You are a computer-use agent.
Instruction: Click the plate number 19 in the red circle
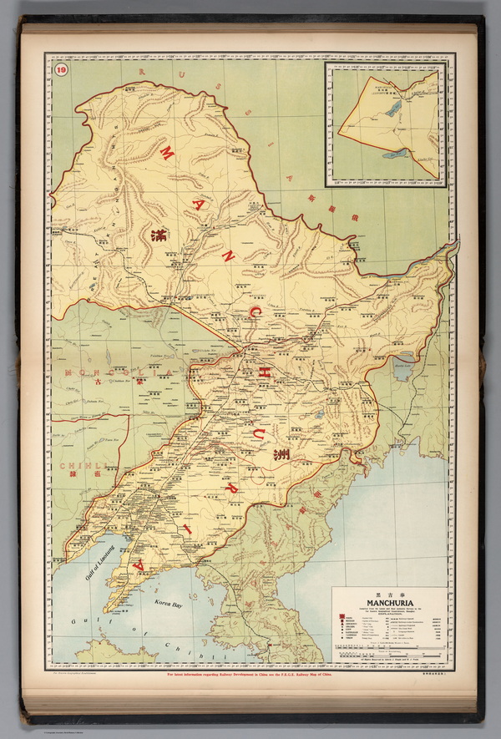coord(60,69)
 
